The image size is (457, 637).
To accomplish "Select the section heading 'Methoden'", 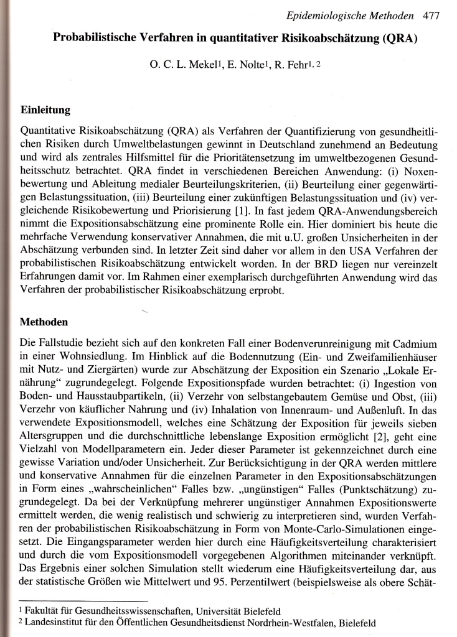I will point(44,323).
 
